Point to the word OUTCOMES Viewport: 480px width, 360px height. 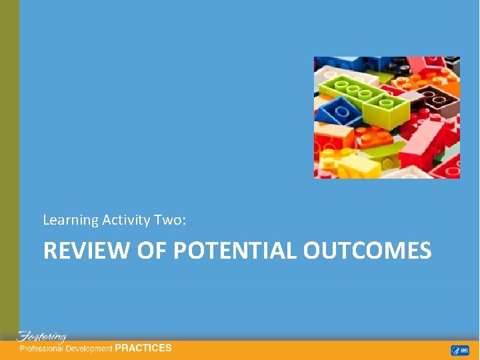[x=367, y=251]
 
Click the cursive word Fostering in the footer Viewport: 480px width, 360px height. [x=41, y=337]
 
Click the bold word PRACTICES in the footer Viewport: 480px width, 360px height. [x=143, y=348]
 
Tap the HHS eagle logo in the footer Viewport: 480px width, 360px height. [x=455, y=350]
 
